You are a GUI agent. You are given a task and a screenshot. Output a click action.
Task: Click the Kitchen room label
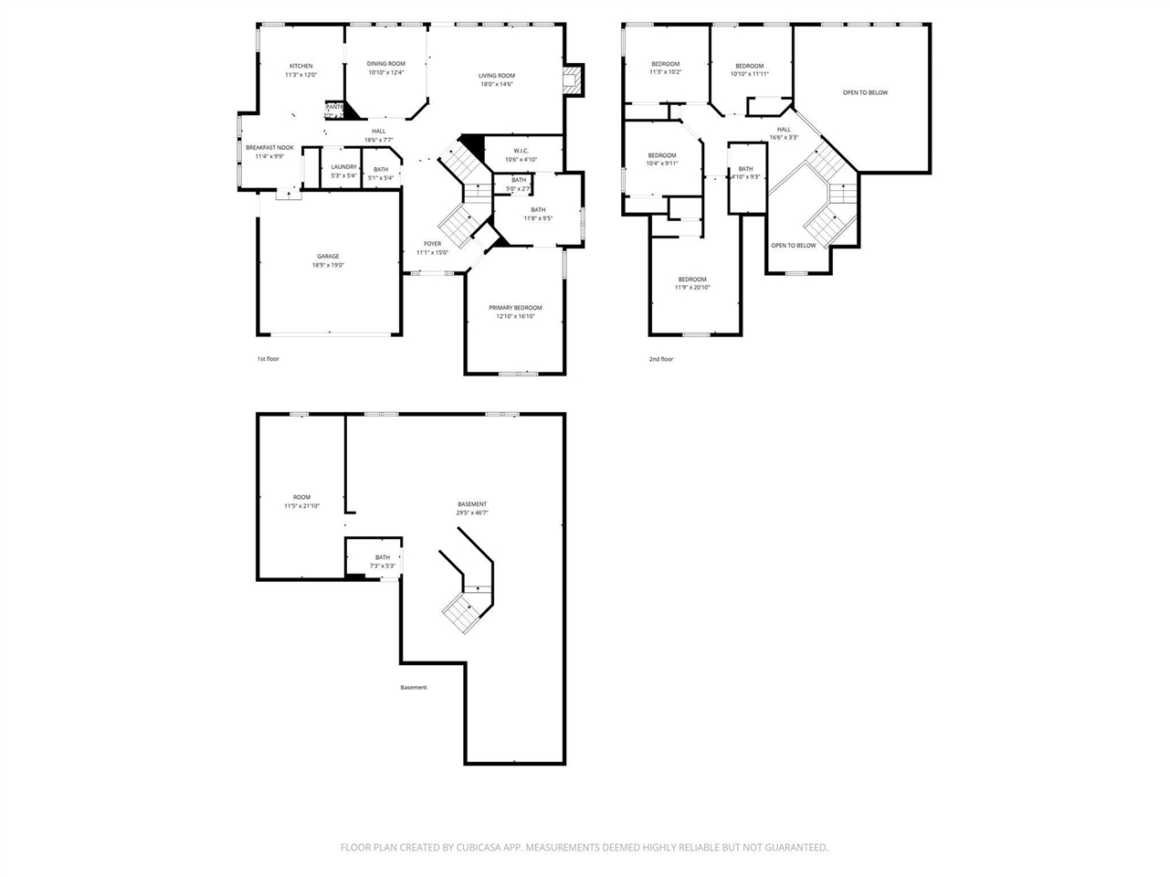tap(300, 66)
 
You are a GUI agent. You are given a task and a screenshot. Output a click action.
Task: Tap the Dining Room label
tap(385, 64)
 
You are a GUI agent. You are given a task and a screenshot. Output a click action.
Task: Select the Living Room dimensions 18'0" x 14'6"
tap(497, 84)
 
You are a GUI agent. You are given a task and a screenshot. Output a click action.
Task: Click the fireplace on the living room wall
tap(573, 80)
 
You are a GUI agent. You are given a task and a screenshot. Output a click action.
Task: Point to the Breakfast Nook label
tap(269, 147)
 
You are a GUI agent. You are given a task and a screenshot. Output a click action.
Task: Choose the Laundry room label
tap(343, 167)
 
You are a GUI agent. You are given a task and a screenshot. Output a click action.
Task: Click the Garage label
tap(328, 256)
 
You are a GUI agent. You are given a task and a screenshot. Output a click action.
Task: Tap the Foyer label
tap(432, 244)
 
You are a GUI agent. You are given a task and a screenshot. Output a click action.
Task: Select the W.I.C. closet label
tap(521, 151)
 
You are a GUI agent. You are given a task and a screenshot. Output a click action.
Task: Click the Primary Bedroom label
tap(515, 308)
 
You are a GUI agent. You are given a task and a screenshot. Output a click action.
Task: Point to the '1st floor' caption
tap(268, 359)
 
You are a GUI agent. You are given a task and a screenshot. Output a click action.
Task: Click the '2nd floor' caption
tap(661, 359)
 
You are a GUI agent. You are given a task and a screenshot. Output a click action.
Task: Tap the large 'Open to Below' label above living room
tap(865, 92)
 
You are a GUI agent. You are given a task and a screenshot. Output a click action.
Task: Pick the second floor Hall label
tap(784, 129)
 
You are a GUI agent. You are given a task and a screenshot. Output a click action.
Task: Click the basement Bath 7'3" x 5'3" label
tap(382, 557)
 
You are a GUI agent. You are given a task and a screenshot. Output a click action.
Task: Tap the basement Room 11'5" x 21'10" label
tap(301, 497)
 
